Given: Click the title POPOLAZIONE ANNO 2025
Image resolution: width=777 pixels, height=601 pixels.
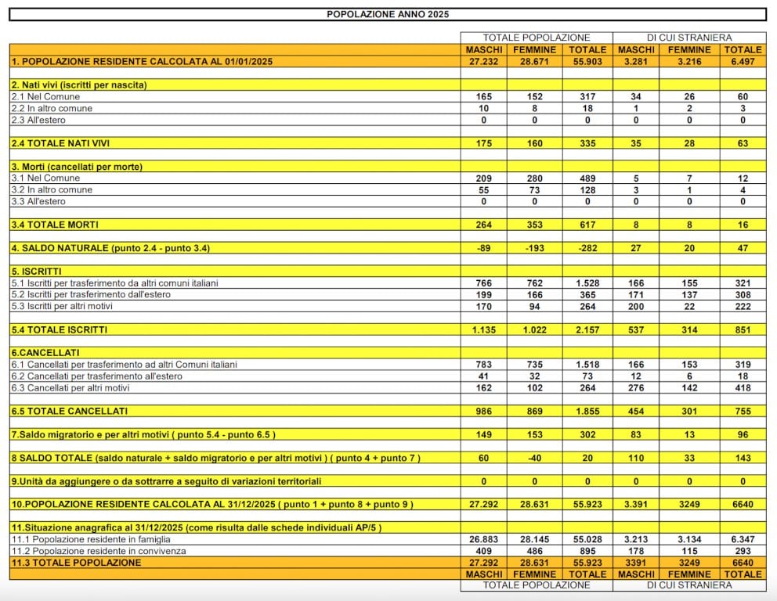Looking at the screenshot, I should (388, 14).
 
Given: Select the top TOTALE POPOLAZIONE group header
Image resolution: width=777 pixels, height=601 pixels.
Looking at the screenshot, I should (536, 38).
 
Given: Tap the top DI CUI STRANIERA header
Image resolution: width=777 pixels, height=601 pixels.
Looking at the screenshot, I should (689, 38).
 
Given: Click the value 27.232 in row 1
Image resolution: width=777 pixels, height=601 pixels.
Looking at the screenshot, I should (483, 61).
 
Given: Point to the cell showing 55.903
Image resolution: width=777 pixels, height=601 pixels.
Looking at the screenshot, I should (587, 61).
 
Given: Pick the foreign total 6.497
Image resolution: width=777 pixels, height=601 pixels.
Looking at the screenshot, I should (743, 61).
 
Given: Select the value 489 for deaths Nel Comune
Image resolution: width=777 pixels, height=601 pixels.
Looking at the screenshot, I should (587, 178).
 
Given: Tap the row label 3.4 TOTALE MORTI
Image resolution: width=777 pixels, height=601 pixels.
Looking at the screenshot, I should (55, 225).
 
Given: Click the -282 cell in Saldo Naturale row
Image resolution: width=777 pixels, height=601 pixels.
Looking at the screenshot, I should (587, 248).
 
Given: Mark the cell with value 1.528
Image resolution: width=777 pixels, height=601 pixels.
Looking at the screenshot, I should (587, 283).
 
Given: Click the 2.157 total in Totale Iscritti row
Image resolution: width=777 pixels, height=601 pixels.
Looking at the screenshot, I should (587, 329).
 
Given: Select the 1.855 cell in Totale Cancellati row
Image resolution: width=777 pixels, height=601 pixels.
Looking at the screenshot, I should (587, 411).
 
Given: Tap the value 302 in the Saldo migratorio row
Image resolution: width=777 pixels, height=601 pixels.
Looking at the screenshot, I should (587, 434).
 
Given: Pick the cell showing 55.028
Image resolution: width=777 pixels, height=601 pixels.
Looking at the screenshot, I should (587, 539).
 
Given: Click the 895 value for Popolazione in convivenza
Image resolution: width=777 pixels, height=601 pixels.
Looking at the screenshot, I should (587, 551).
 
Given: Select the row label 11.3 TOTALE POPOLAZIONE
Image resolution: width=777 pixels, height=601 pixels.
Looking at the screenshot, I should (76, 563).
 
